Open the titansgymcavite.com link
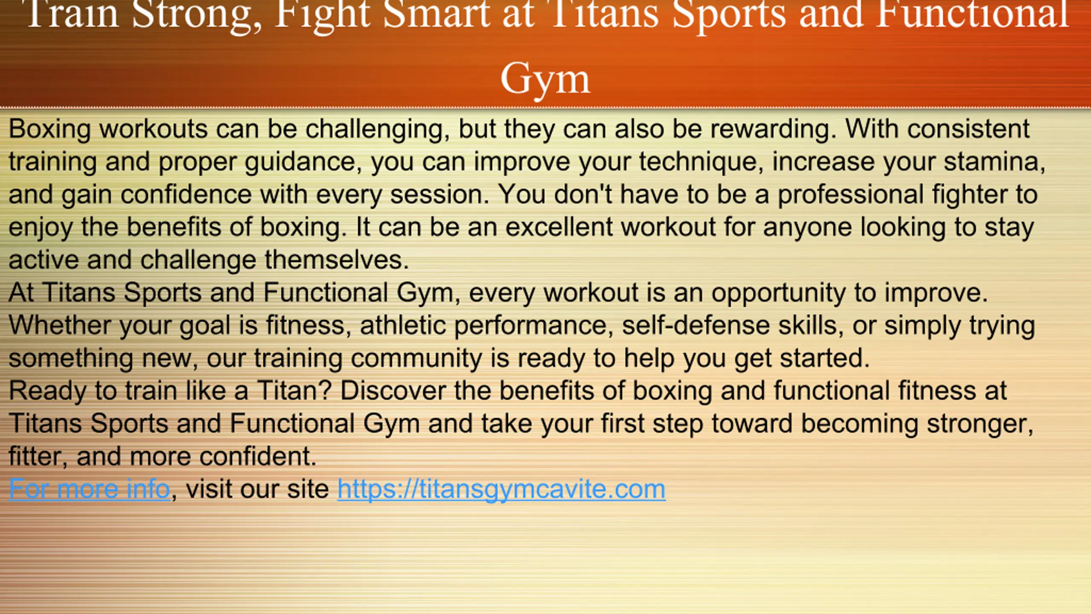coord(501,489)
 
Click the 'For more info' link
coord(89,489)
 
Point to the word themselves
coord(337,260)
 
